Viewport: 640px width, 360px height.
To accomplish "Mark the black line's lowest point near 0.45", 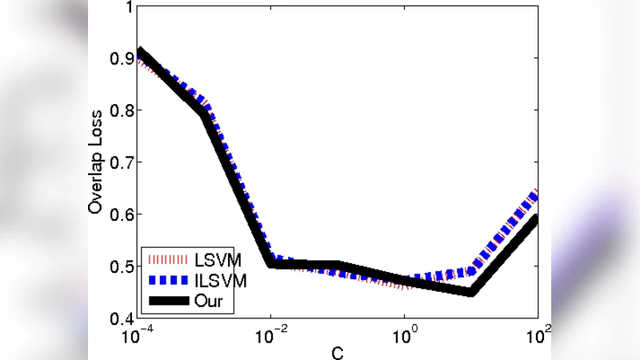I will tap(471, 291).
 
